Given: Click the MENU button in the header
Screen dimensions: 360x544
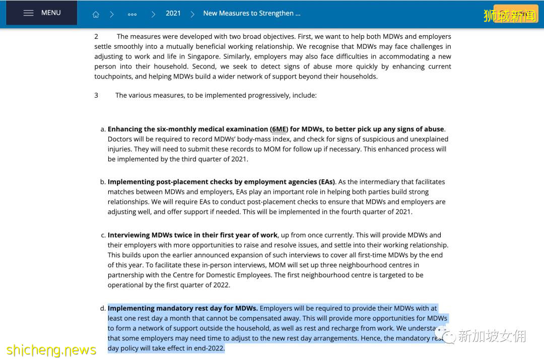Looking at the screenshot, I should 42,13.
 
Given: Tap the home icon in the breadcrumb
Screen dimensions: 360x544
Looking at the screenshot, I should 96,14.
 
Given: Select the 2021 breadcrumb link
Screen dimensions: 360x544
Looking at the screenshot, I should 173,13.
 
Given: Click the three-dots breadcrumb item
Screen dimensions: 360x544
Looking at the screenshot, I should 132,14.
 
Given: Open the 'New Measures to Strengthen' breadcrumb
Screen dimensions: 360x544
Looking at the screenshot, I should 251,13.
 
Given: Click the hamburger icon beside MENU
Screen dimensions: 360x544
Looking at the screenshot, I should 29,13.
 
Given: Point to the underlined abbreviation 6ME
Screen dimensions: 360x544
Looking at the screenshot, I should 279,129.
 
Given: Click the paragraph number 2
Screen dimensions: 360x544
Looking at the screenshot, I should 96,36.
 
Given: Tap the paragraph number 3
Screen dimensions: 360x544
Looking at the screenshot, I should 96,95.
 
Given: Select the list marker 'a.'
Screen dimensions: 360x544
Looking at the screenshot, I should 103,129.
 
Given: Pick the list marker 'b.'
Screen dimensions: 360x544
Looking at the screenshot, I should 103,182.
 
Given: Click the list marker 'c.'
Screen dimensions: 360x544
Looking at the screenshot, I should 103,235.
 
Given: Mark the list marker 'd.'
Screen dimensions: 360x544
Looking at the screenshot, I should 103,308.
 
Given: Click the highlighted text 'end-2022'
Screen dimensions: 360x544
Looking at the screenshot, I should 209,348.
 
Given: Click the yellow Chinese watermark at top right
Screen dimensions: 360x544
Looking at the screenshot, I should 510,16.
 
